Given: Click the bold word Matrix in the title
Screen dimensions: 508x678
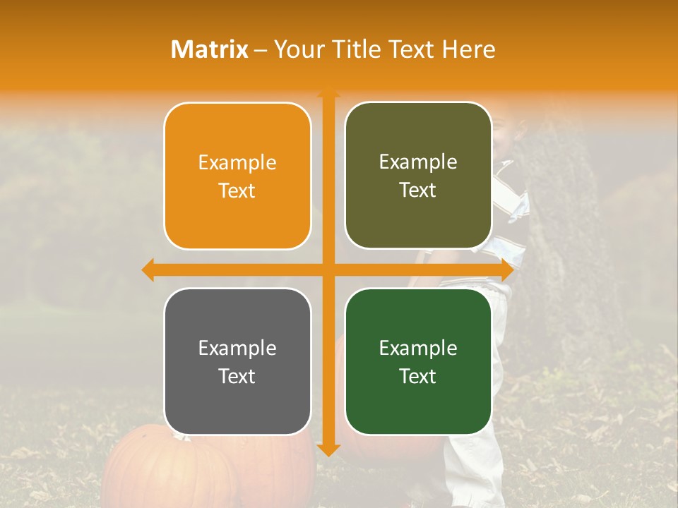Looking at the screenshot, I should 210,49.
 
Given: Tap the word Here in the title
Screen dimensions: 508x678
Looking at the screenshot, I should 469,49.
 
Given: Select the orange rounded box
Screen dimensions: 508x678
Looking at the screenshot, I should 237,176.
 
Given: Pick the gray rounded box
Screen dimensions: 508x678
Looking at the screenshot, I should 237,361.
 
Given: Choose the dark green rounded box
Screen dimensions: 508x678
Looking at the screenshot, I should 418,361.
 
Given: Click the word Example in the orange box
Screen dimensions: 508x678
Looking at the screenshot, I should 237,163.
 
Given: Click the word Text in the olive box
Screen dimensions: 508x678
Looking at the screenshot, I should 418,190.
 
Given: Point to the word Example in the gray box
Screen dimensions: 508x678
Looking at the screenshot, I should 237,348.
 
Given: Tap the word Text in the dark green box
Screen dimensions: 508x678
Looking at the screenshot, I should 418,376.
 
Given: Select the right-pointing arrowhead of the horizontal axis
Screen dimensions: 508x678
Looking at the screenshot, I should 506,270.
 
